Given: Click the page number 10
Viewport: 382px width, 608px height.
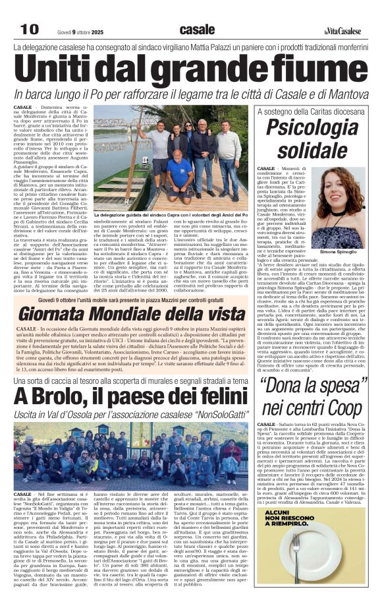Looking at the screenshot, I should click(30, 29).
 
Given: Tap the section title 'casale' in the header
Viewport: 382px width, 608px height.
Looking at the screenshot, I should click(197, 29).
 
